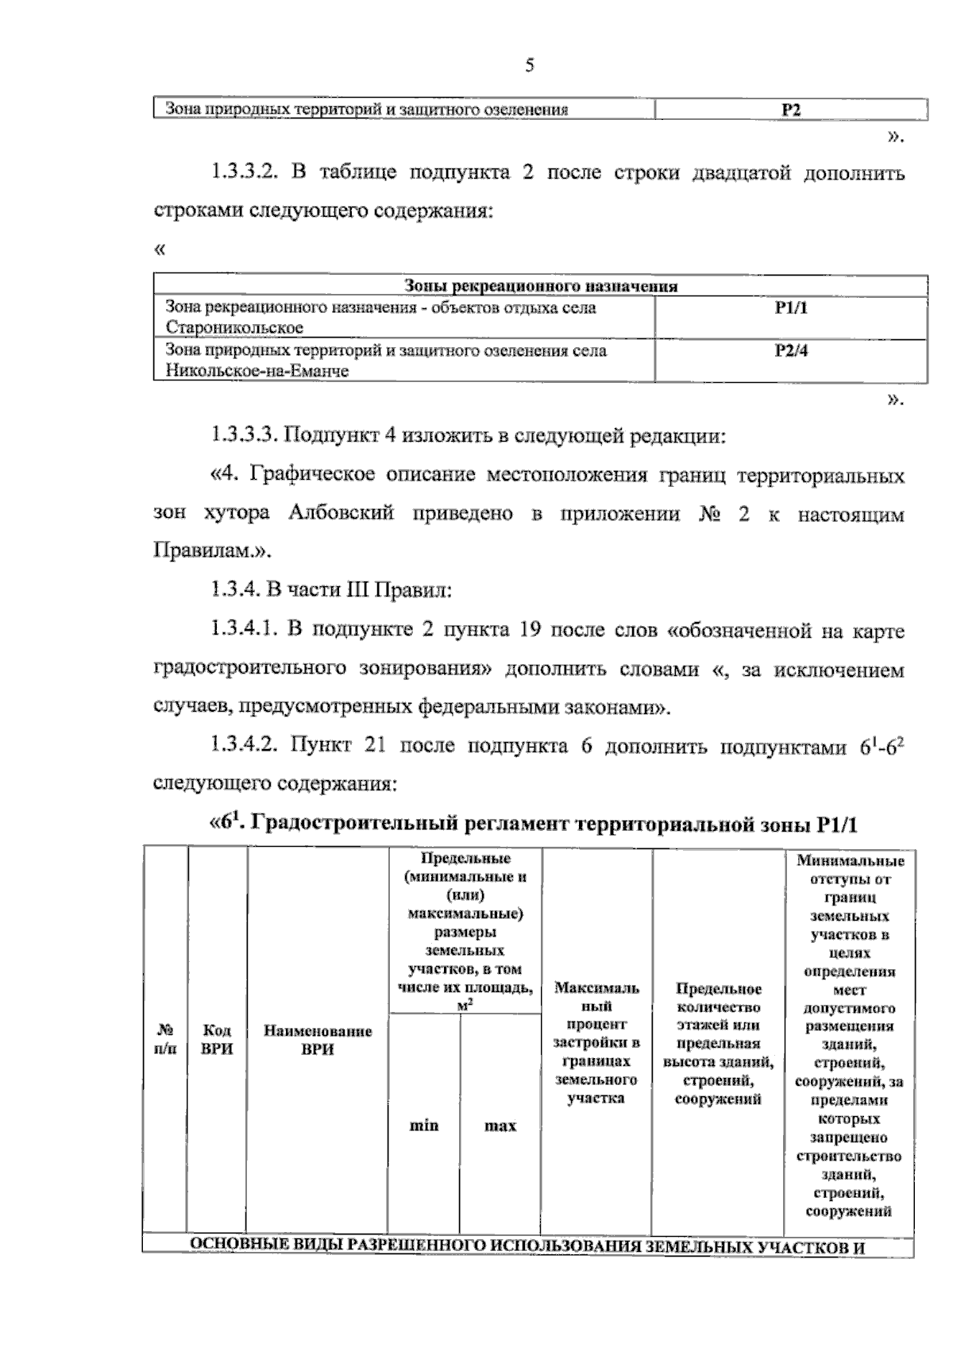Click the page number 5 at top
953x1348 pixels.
click(530, 66)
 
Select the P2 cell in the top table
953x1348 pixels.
click(791, 110)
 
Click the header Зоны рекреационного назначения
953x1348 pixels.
click(541, 286)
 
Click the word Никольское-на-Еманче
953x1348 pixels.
click(257, 371)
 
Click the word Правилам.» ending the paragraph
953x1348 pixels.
click(212, 551)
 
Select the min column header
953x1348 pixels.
click(423, 1126)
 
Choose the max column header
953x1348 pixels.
click(500, 1126)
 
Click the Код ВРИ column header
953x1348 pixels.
click(217, 1039)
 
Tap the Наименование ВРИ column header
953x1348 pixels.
click(318, 1040)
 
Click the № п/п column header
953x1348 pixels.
click(165, 1039)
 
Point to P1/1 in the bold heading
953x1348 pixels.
click(836, 825)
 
